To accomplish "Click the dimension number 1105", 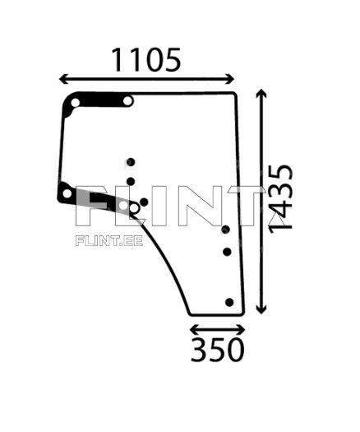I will [145, 60].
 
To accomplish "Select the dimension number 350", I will [217, 351].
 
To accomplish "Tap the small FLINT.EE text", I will [109, 241].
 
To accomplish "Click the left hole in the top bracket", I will [75, 103].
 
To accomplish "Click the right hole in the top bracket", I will [128, 101].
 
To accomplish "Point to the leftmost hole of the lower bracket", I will [67, 193].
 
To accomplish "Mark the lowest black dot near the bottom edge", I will [229, 302].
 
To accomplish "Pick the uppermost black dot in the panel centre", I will [130, 162].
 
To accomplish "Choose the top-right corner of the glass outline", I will [237, 94].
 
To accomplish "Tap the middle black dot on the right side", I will [227, 252].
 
